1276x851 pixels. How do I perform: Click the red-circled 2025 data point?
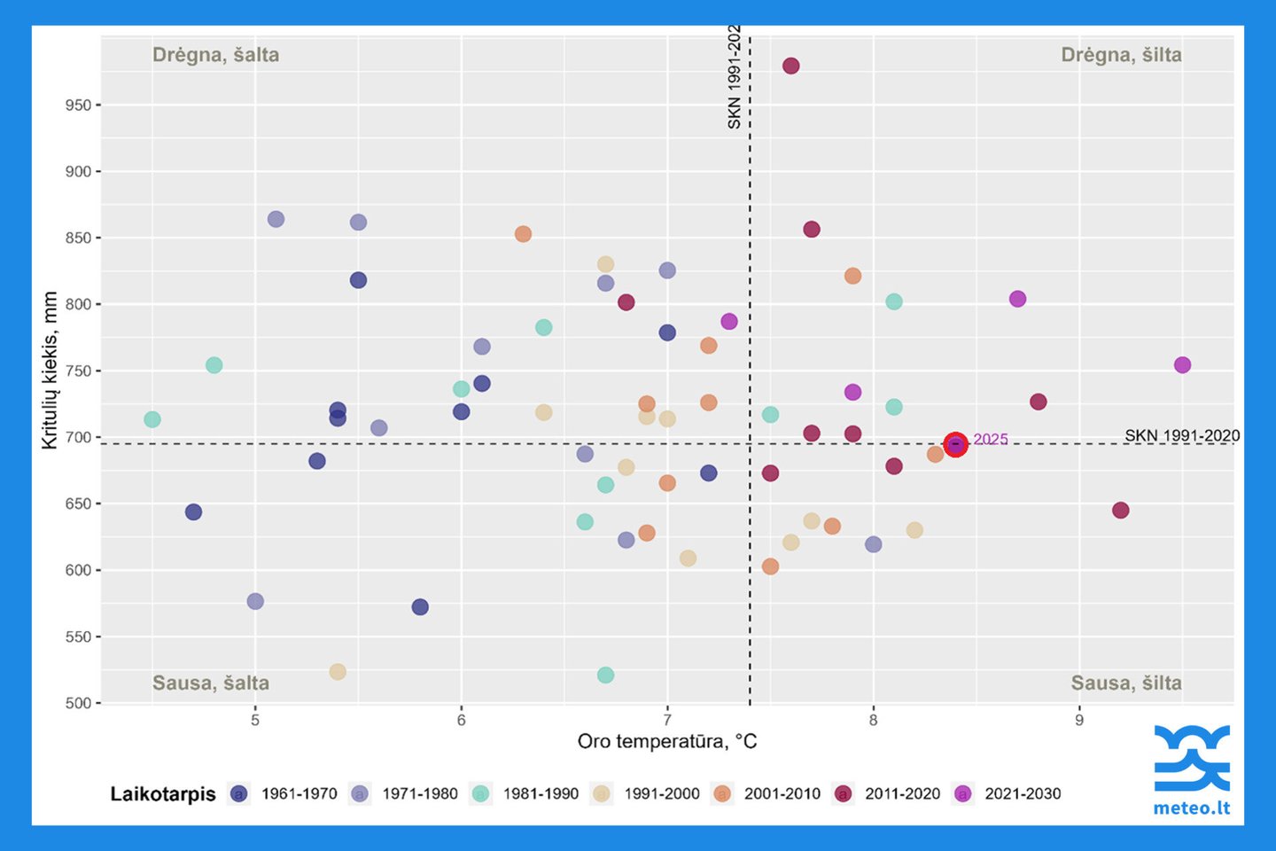(x=955, y=444)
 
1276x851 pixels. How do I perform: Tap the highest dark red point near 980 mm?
(x=790, y=66)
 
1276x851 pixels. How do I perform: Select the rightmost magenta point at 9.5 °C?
(x=1182, y=365)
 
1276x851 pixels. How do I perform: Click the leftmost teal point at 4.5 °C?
(x=152, y=419)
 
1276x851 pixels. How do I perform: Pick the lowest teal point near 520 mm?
(x=605, y=675)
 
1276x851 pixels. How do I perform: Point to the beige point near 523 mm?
(x=338, y=672)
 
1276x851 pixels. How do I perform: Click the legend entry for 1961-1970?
(x=284, y=794)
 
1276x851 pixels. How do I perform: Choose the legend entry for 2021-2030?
(x=1007, y=794)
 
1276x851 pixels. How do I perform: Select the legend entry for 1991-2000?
(x=646, y=794)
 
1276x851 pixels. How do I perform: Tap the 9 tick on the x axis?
(x=1079, y=720)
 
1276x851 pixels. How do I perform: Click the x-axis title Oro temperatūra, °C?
(x=667, y=741)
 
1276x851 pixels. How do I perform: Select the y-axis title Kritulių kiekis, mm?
(x=51, y=371)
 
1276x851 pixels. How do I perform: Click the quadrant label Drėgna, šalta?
(x=215, y=55)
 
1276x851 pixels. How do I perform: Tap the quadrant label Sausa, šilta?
(x=1126, y=683)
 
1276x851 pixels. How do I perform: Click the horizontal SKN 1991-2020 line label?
(x=1182, y=435)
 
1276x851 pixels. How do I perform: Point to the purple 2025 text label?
(x=991, y=440)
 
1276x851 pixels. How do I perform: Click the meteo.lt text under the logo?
(x=1191, y=808)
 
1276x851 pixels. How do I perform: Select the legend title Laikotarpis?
(x=163, y=794)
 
